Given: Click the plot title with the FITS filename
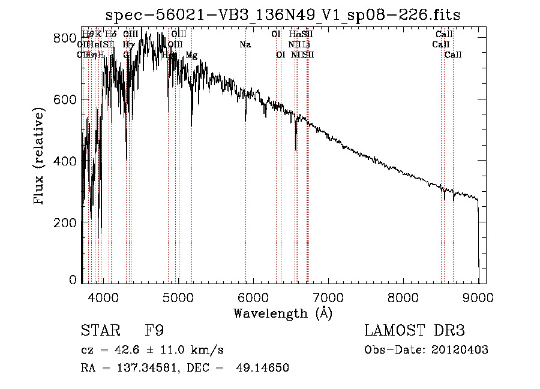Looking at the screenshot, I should [283, 15].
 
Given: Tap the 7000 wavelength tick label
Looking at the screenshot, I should [328, 297].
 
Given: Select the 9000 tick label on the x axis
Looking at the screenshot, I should [478, 297].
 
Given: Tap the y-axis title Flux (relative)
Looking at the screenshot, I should [40, 158].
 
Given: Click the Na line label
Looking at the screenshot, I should [245, 45].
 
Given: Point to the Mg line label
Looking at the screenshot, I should [191, 55].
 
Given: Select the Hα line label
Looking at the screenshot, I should [294, 35].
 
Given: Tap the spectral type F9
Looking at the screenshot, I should [154, 330].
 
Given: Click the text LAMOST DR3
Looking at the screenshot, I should [414, 330].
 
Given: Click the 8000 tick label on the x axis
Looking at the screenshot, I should [403, 297].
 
